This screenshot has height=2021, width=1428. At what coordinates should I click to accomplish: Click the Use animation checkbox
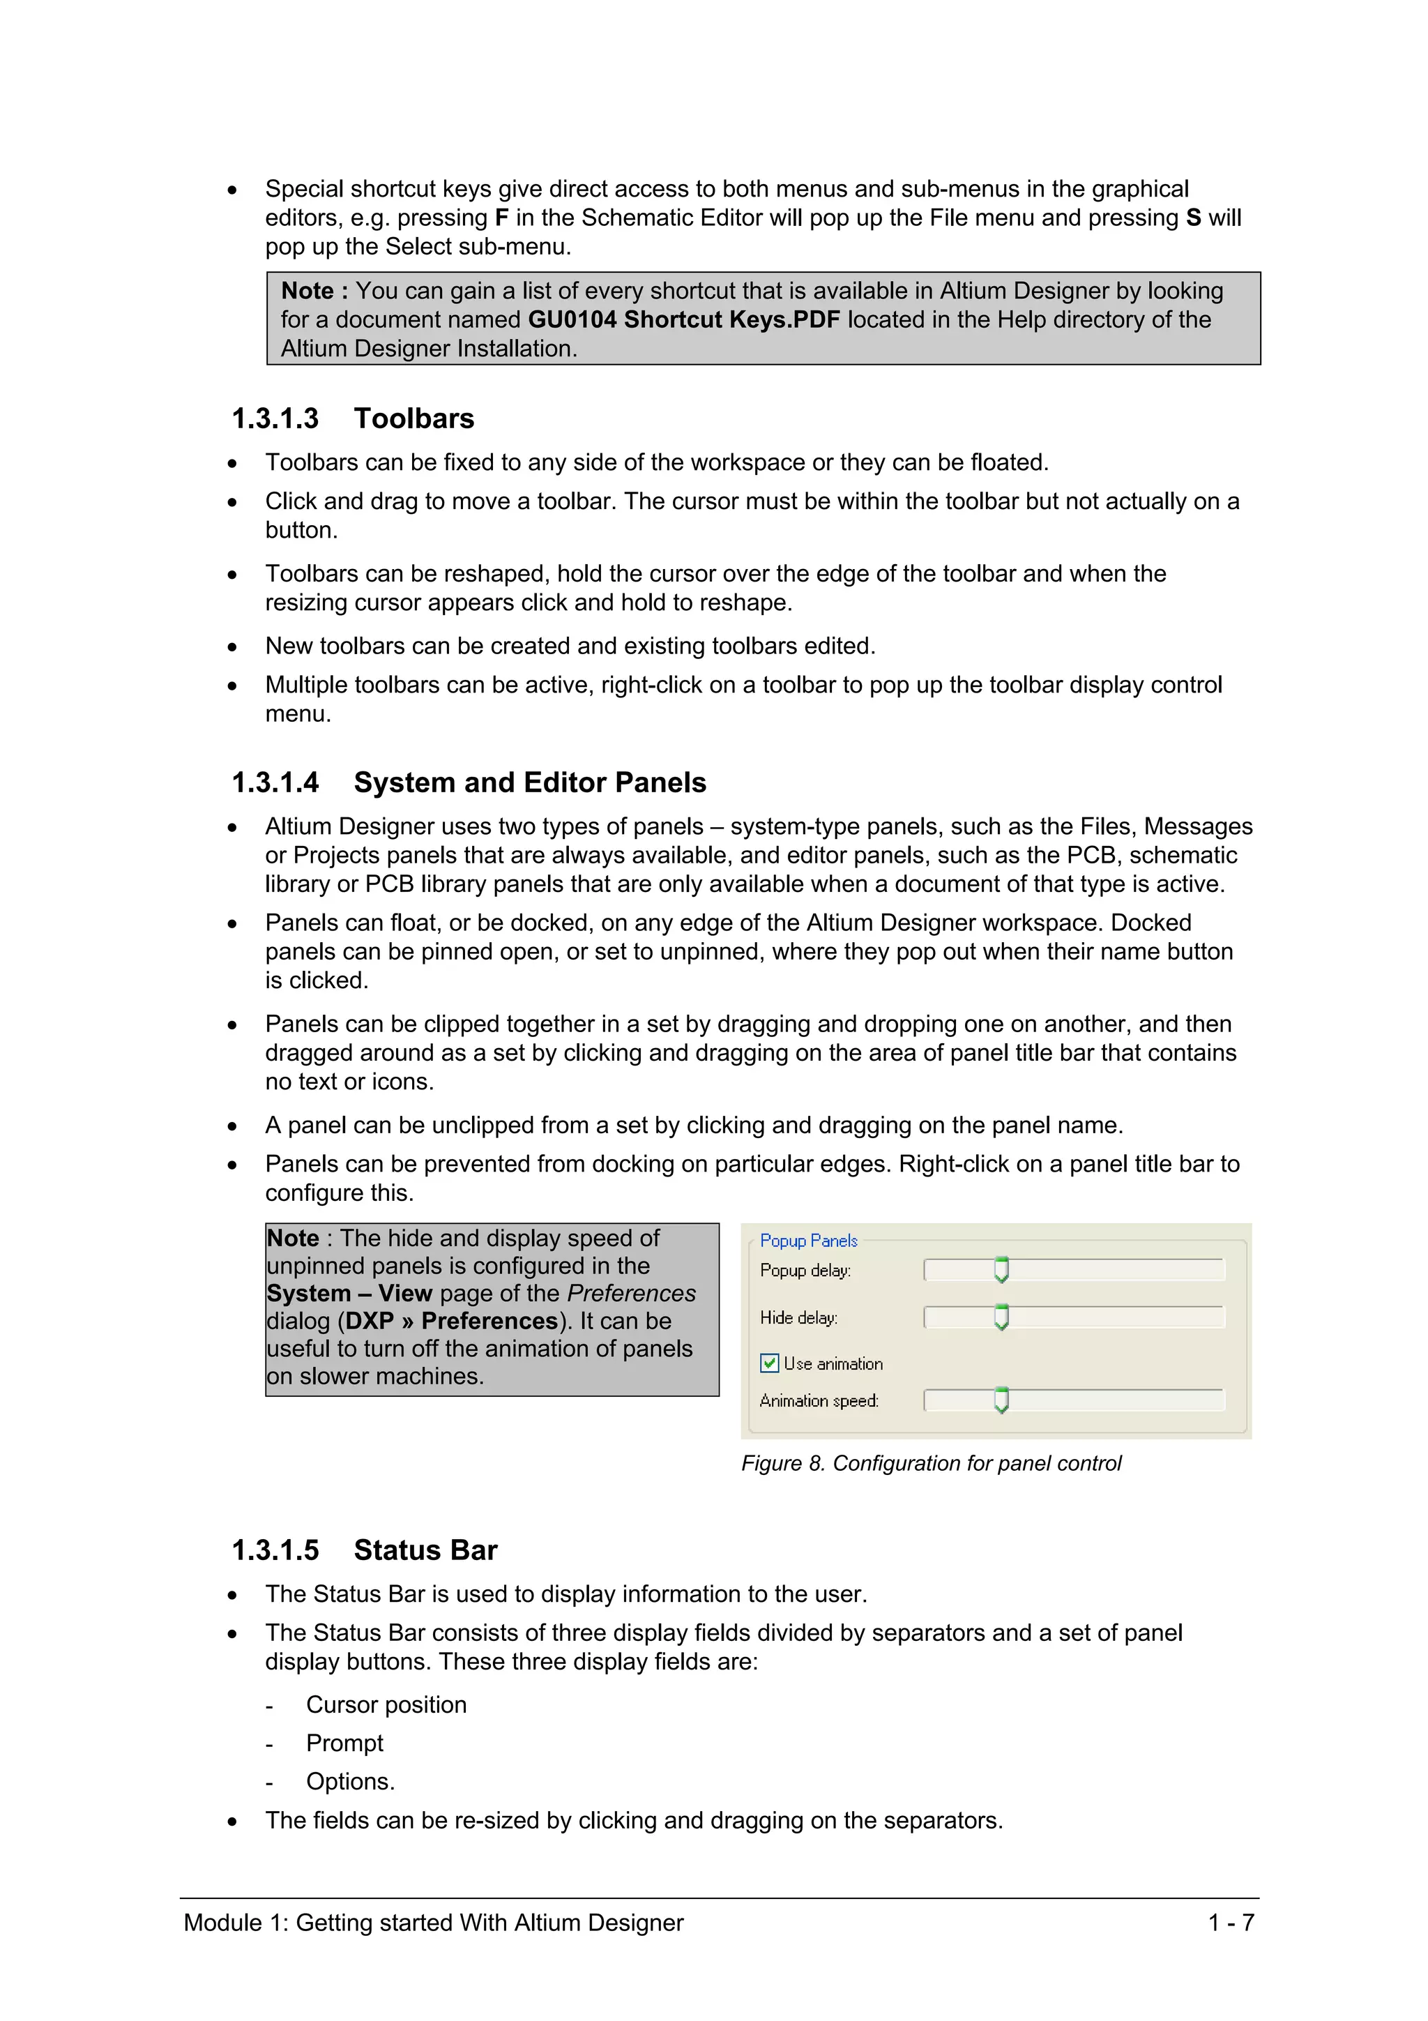tap(769, 1363)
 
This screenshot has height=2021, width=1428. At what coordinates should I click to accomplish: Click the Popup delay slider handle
tap(1001, 1269)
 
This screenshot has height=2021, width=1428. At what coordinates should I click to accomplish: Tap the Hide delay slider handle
tap(1001, 1317)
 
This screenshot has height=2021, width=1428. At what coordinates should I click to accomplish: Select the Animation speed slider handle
tap(1001, 1400)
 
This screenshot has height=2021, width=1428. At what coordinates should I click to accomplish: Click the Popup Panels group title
tap(807, 1240)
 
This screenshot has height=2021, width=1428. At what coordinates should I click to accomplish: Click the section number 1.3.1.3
tap(275, 418)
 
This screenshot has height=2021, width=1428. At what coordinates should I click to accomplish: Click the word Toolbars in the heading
tap(413, 418)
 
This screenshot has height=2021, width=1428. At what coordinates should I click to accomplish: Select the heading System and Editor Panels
tap(530, 782)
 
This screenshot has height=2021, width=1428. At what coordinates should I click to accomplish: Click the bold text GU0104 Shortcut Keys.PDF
tap(683, 319)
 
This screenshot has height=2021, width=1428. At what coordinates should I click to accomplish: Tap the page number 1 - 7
tap(1231, 1923)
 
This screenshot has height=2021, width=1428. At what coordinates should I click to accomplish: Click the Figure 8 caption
tap(931, 1463)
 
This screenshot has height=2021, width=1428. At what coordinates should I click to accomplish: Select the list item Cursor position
tap(386, 1704)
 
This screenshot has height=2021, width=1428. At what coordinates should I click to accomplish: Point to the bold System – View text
tap(349, 1293)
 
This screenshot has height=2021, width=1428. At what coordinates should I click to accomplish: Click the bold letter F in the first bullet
tap(501, 218)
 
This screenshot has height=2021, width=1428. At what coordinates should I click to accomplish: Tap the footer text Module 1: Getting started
tap(433, 1923)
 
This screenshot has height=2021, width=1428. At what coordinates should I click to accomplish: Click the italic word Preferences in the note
tap(631, 1293)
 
